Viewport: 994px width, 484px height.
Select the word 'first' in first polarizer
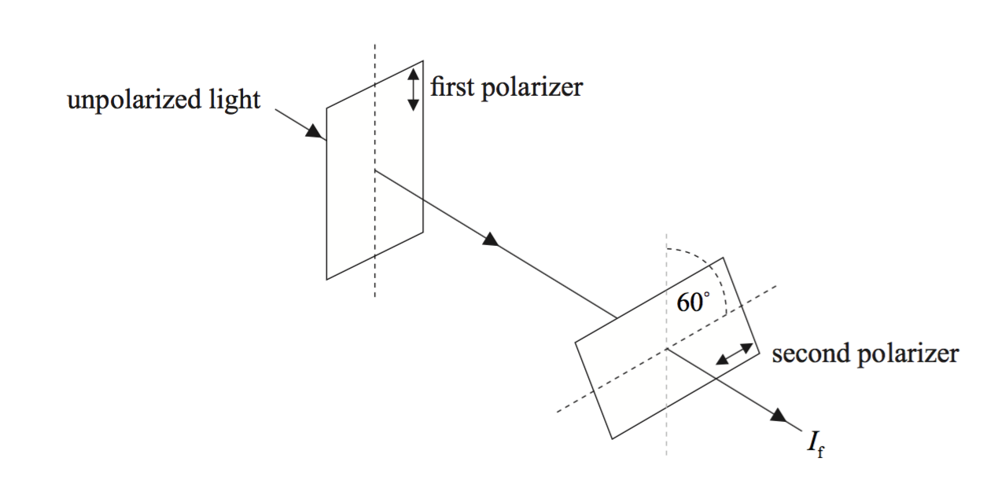(451, 86)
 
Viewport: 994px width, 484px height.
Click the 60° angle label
(693, 302)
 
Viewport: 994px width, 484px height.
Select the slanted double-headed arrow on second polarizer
(734, 354)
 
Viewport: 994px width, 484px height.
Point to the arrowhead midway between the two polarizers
(491, 239)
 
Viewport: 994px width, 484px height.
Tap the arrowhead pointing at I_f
(781, 416)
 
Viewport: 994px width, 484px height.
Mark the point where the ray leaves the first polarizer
(375, 170)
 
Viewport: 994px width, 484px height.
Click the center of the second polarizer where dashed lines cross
(666, 348)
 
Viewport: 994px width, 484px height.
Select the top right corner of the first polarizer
(423, 60)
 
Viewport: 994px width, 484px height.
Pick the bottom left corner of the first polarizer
(327, 279)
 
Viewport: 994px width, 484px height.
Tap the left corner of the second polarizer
(576, 341)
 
